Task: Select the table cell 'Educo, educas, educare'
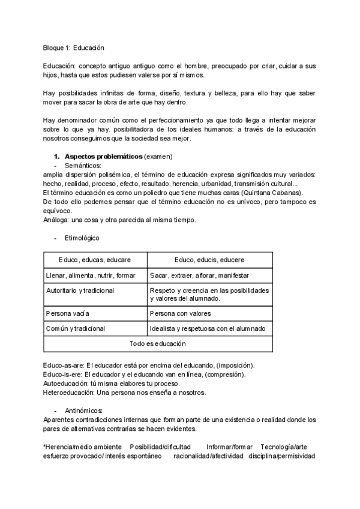(x=95, y=259)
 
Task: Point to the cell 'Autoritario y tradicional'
(x=80, y=291)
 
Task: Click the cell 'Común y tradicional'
(x=76, y=328)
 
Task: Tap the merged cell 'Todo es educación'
(x=158, y=344)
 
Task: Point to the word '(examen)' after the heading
(x=158, y=157)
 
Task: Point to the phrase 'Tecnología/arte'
(x=285, y=447)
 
